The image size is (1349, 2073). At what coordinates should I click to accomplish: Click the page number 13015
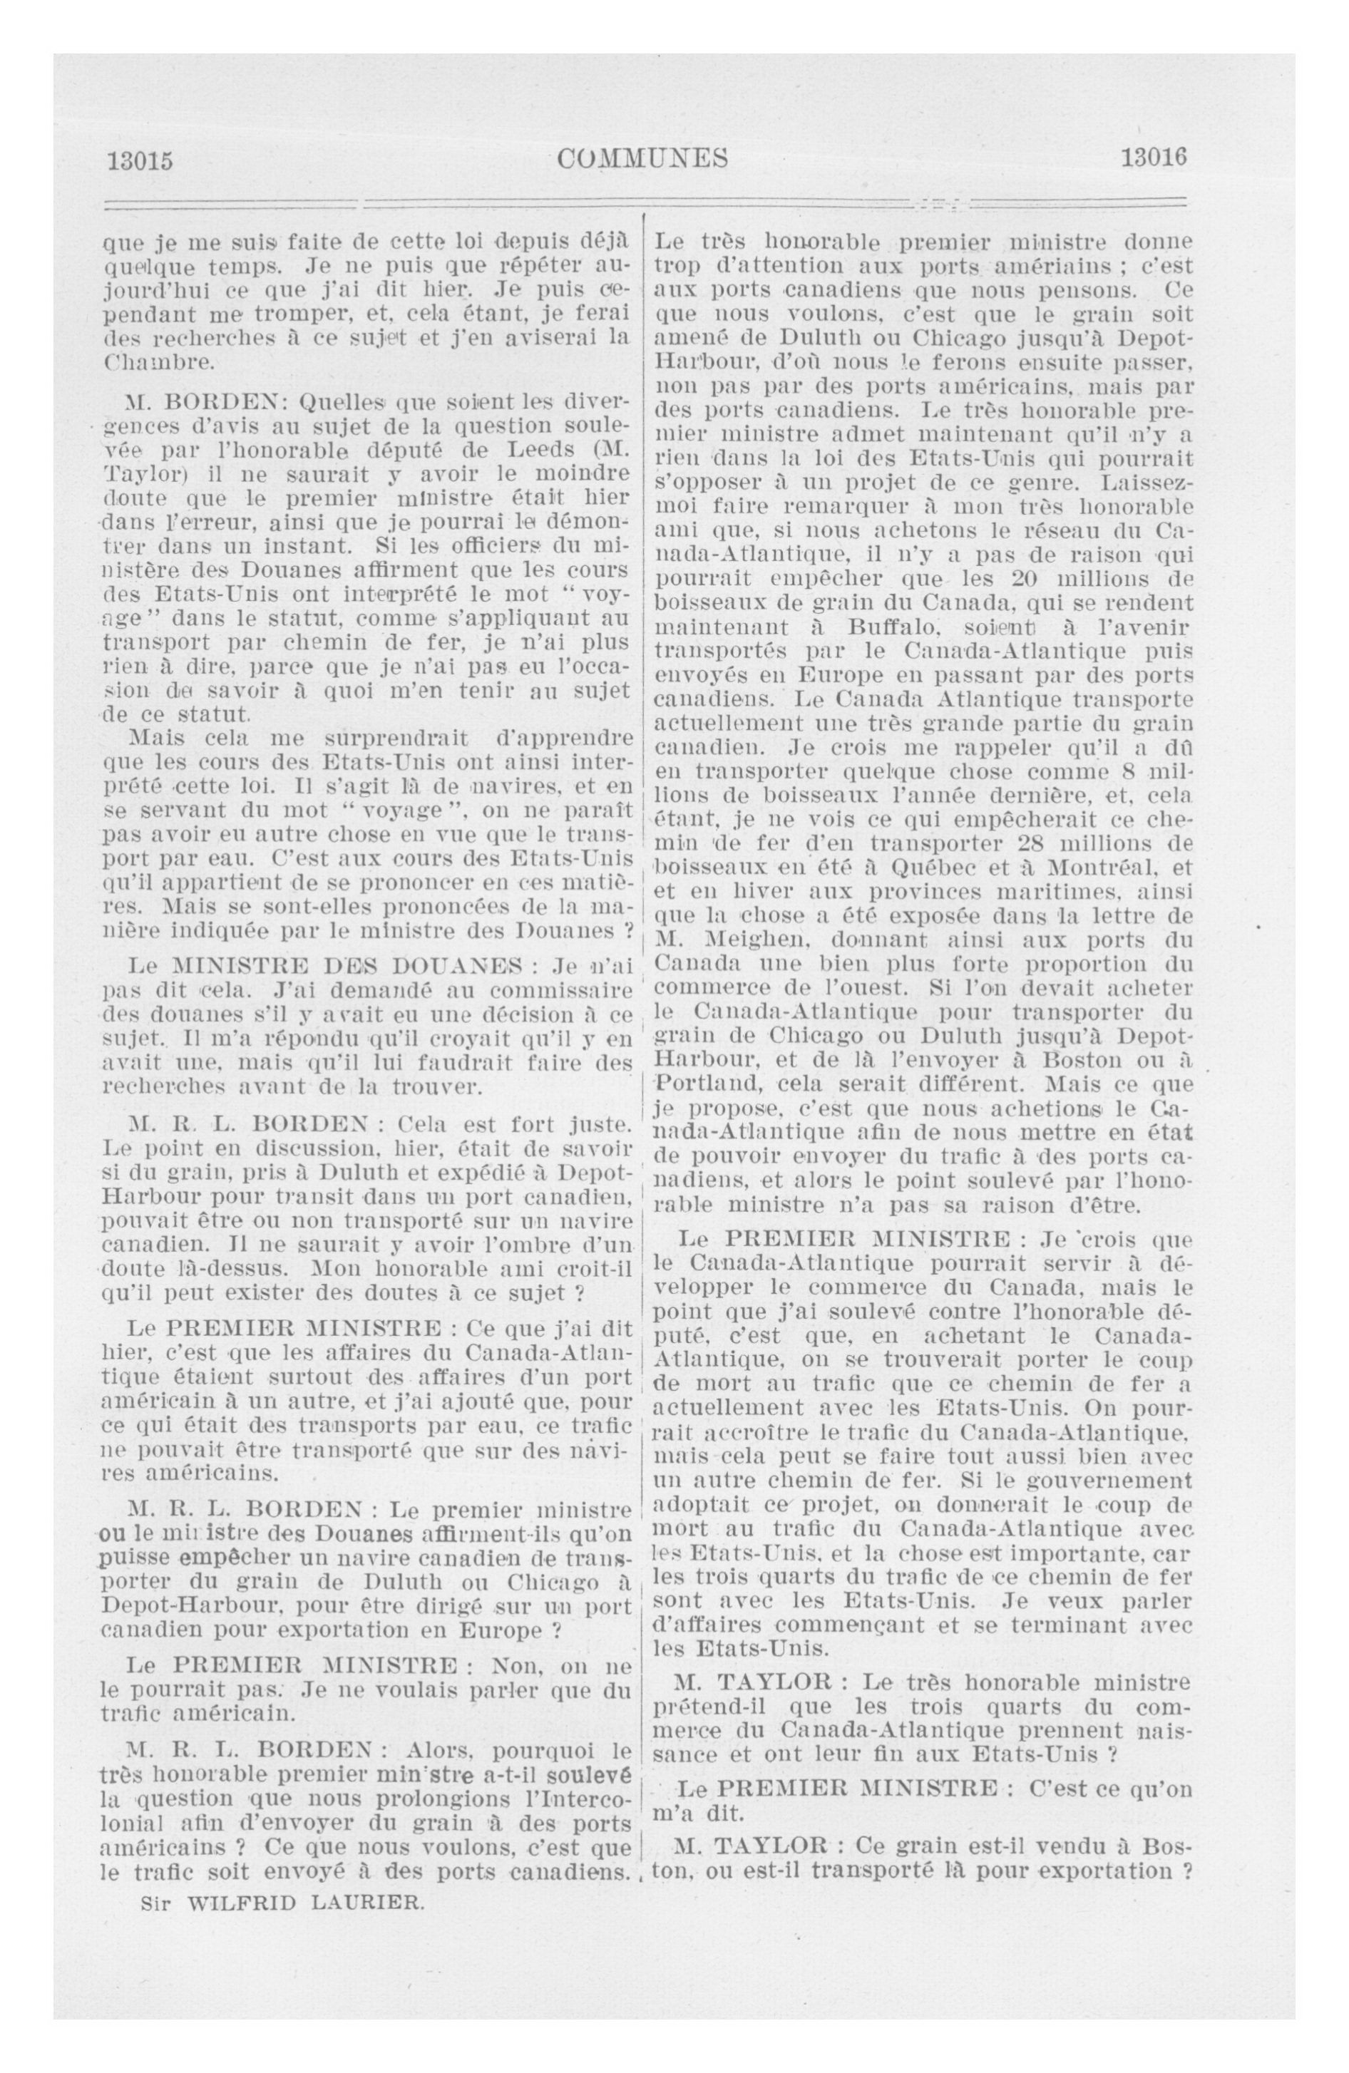140,160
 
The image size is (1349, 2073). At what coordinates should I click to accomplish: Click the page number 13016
1154,158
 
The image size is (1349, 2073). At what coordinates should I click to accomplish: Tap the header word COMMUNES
642,158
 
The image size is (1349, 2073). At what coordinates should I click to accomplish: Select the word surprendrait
396,739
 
